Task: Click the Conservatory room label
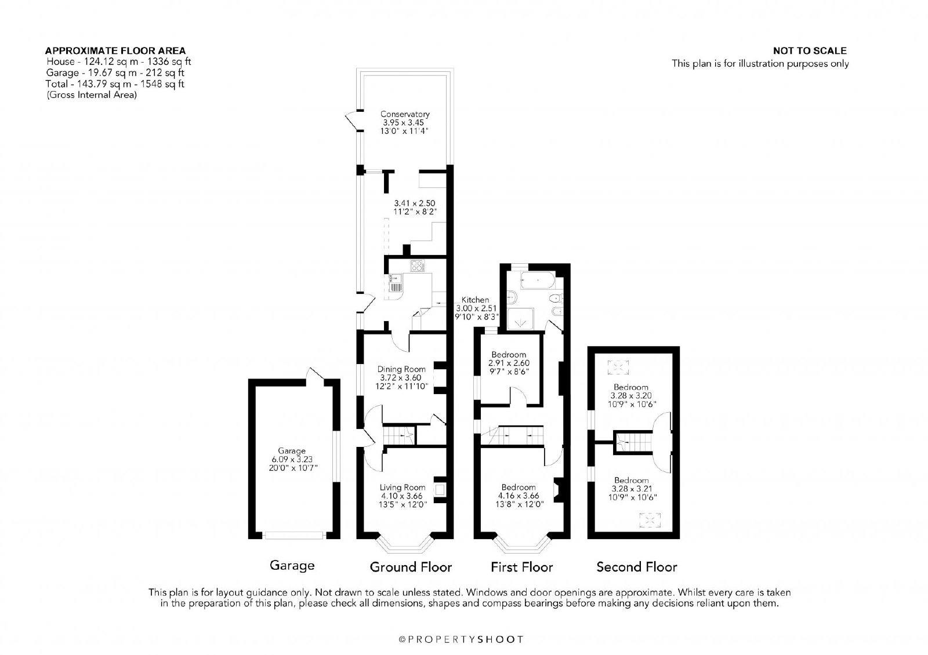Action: tap(405, 114)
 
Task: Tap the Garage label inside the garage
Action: tap(292, 450)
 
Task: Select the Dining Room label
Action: tap(401, 369)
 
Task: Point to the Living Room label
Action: tap(403, 487)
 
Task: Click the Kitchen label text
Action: tap(475, 299)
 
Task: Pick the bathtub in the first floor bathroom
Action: tap(538, 281)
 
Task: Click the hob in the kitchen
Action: tap(418, 265)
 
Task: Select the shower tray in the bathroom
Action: tap(520, 319)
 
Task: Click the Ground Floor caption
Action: tap(411, 567)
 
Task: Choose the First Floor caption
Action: tap(521, 567)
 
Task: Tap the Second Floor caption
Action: tap(637, 567)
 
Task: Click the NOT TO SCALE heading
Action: tap(810, 51)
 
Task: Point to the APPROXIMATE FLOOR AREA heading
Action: tap(115, 51)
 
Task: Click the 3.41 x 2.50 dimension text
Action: tap(414, 203)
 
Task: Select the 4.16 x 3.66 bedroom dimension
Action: tap(519, 496)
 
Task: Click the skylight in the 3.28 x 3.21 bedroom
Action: tap(650, 520)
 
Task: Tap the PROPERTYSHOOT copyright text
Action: tap(461, 639)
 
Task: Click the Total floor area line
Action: tap(115, 84)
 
